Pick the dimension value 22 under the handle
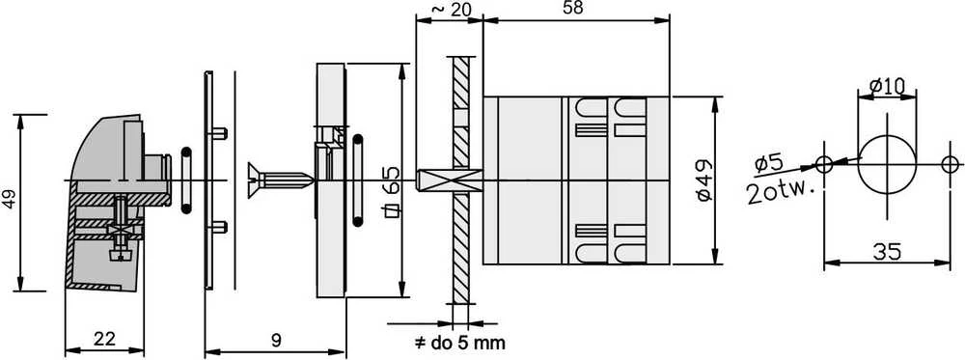tap(103, 338)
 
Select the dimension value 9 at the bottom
tap(276, 339)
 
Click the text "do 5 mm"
tap(468, 343)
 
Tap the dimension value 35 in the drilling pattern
tap(886, 251)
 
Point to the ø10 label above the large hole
tap(888, 87)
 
